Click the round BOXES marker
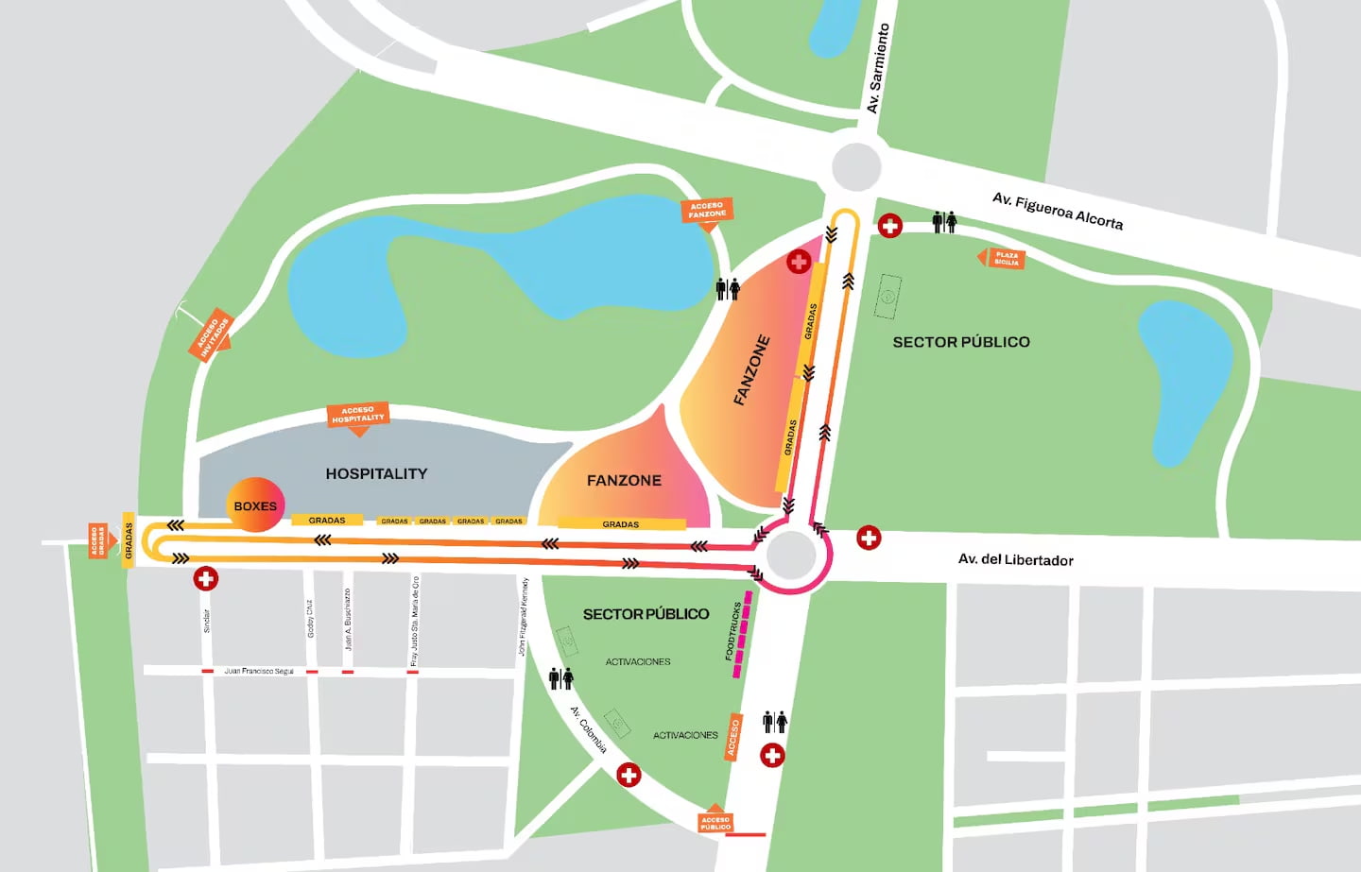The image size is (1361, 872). coord(255,505)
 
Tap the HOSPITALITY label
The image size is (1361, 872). coord(376,473)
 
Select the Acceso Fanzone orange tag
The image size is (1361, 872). coord(707,211)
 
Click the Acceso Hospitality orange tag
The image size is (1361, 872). coord(358,415)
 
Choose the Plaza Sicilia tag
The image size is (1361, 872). coord(1005,258)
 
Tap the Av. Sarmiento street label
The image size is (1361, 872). coord(878,69)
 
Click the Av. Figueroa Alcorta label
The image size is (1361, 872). coord(1058,211)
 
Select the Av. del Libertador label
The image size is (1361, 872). coord(1015,559)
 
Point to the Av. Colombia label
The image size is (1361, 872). coord(588,730)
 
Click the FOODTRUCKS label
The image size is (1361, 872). coord(732,631)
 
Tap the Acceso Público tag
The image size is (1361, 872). coord(715,823)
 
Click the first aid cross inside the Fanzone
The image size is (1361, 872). coord(799,262)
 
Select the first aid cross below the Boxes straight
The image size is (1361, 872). coord(206,578)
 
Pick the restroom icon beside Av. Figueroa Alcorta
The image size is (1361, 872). coord(944,222)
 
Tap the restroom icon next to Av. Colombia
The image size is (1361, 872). coord(561,678)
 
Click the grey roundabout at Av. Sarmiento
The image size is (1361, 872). coord(856,166)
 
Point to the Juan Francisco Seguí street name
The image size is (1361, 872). coord(259,671)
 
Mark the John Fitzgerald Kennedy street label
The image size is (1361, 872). coord(523,617)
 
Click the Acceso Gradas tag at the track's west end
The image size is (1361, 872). coord(96,541)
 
